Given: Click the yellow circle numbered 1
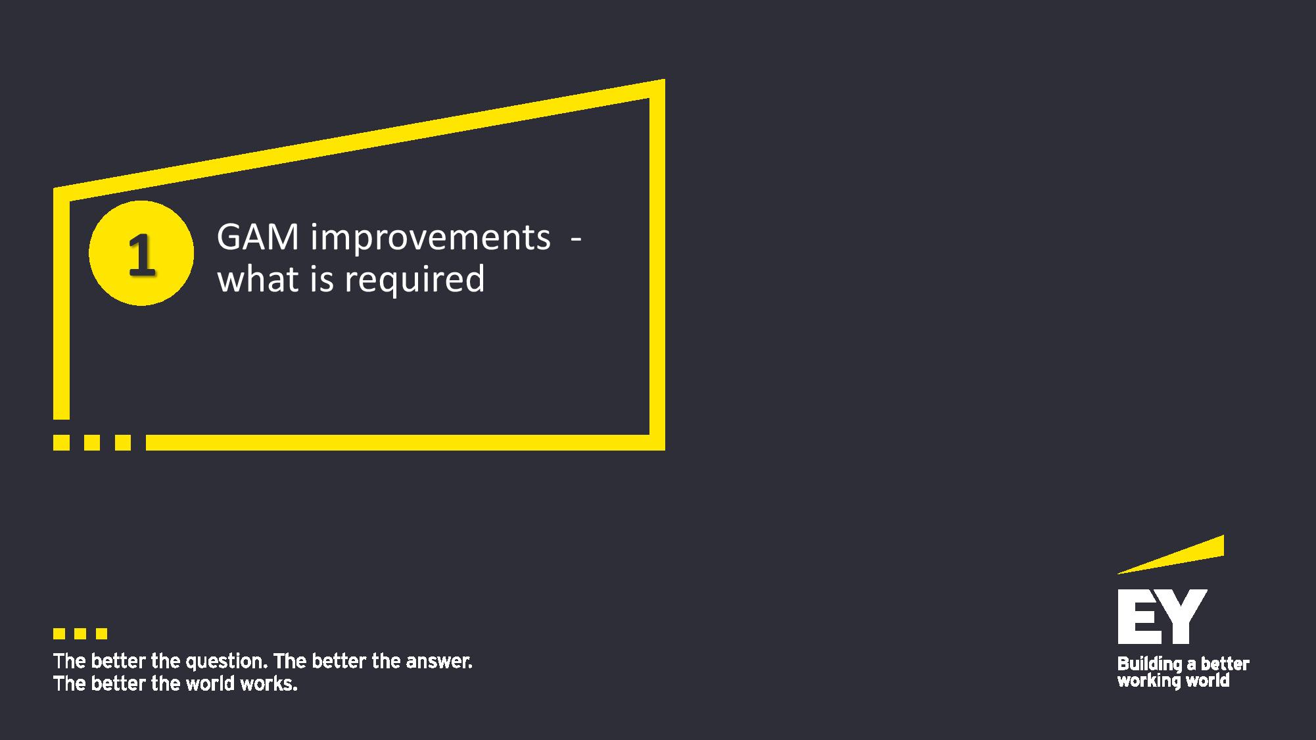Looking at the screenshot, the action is (x=141, y=253).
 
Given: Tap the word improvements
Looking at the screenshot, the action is (x=431, y=238).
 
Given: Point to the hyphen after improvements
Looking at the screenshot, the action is (x=576, y=240).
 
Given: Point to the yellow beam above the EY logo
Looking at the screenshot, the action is (x=1171, y=555).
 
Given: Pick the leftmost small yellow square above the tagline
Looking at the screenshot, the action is (x=59, y=634).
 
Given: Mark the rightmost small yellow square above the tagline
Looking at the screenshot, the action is (x=101, y=634).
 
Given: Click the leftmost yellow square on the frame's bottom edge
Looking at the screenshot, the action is (x=61, y=443).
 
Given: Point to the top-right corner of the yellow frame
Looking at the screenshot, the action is (x=665, y=80).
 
